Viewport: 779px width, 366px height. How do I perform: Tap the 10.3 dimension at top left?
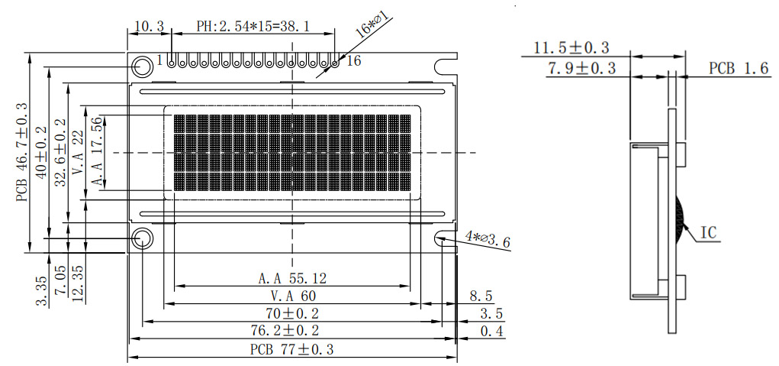tap(149, 26)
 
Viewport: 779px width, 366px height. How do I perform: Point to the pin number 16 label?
tap(354, 60)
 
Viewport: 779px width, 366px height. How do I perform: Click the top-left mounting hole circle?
tap(142, 64)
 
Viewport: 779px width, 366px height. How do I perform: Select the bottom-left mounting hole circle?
tap(142, 239)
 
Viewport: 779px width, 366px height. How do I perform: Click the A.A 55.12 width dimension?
tap(293, 278)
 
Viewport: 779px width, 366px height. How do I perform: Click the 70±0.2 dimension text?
tap(292, 313)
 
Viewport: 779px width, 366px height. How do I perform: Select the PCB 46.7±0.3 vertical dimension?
tap(21, 152)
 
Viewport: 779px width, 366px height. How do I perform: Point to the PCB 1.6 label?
tap(738, 68)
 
